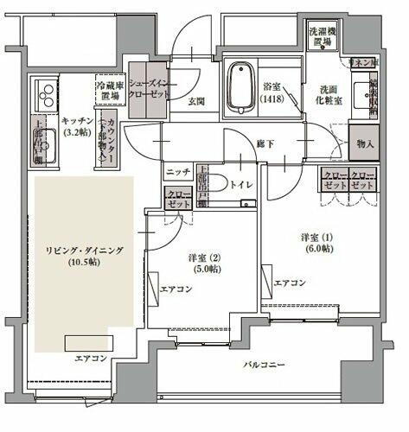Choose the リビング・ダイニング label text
[85, 256]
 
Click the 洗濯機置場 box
[325, 36]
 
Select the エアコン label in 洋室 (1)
[290, 283]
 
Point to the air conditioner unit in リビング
[90, 343]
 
